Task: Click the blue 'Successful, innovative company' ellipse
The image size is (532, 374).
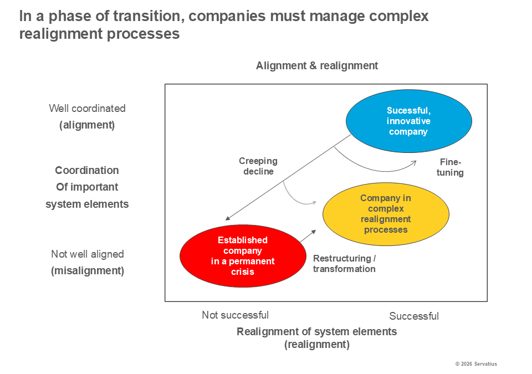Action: [x=408, y=121]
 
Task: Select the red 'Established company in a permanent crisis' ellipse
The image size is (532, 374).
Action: [x=243, y=256]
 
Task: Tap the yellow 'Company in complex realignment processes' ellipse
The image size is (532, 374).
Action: [x=386, y=214]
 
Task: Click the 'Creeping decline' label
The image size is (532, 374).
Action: [x=258, y=166]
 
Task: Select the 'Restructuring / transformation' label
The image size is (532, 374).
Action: [x=344, y=264]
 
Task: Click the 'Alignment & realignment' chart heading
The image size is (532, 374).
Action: [x=317, y=65]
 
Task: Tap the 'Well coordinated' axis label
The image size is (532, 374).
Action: [x=87, y=108]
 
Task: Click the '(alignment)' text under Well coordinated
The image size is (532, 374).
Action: [x=87, y=125]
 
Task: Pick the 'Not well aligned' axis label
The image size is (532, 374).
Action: [x=88, y=254]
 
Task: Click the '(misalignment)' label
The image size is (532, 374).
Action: [x=88, y=271]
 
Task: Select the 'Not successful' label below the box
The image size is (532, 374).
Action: [x=235, y=315]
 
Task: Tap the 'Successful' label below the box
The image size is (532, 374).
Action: [x=414, y=316]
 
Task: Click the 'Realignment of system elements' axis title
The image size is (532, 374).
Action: [x=317, y=332]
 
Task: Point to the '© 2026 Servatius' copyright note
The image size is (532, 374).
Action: [x=476, y=364]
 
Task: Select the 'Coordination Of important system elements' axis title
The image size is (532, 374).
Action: [x=87, y=187]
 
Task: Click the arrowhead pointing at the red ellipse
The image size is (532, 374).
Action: [x=228, y=218]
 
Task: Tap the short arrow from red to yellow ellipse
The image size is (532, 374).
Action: [x=308, y=235]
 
